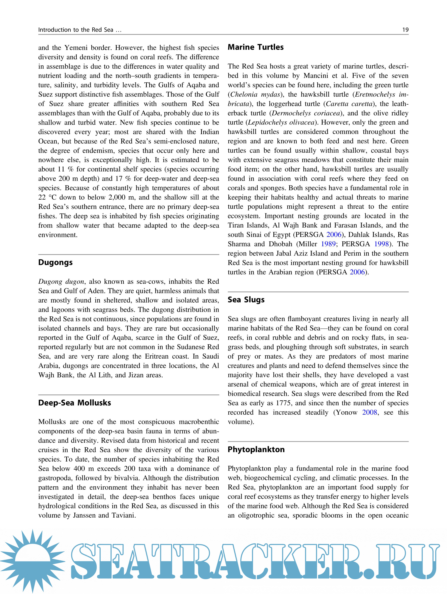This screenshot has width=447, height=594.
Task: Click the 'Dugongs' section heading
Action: point(55,262)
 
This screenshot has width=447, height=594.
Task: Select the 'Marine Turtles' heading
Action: point(255,47)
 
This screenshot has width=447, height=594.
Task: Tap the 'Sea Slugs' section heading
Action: point(246,300)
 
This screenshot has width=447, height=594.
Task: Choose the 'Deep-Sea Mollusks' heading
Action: point(74,403)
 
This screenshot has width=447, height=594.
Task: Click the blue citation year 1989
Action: point(328,244)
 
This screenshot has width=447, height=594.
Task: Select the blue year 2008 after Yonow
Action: point(369,412)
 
